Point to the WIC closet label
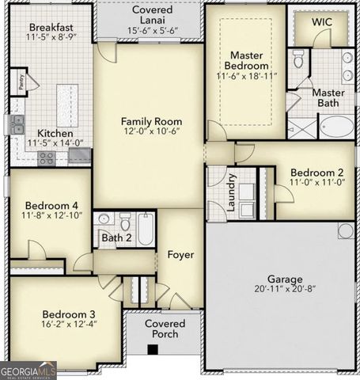coord(321,21)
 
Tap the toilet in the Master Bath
coord(299,59)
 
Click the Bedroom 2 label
coord(316,173)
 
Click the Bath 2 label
coord(116,237)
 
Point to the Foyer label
coord(180,254)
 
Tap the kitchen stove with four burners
coord(47,158)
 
